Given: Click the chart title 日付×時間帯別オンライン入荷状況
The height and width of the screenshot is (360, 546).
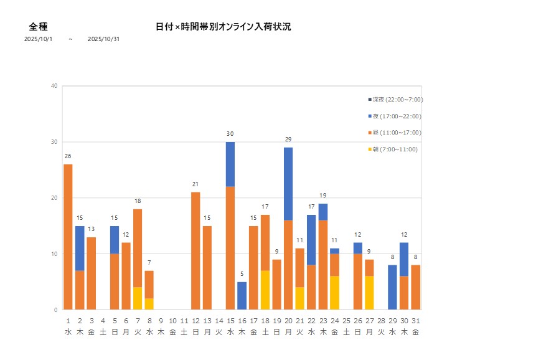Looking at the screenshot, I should coord(223,27).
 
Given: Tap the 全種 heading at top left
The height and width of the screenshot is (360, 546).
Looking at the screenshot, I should coord(39,27).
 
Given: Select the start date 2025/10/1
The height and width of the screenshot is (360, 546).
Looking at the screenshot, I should coord(39,39).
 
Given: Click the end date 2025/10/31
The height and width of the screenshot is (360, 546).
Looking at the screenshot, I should coord(103,39).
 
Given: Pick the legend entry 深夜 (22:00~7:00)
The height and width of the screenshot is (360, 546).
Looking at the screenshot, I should coord(396,100).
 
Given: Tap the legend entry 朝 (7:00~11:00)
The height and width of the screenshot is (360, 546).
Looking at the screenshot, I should coord(393,149).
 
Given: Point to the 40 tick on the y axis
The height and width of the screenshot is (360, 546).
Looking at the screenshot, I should coord(55,86).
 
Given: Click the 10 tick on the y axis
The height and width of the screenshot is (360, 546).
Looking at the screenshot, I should coord(55,254).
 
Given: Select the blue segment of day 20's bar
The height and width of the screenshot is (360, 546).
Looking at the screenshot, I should coord(288,184).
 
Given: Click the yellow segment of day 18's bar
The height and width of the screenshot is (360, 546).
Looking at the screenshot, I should coord(265,290).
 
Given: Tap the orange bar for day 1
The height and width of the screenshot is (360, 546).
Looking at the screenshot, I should coord(68,237).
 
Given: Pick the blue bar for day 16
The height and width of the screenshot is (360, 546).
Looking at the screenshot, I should coord(242,296).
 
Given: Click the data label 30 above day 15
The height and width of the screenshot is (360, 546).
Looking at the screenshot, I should coord(230,134).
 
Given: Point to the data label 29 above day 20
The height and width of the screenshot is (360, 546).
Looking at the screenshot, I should coord(288,140).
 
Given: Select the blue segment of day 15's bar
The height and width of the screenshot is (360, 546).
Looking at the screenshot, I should coord(230,164).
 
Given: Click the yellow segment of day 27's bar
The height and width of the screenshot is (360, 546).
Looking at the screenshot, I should coord(369,293).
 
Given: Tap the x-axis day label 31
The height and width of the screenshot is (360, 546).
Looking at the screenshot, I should coord(415,321).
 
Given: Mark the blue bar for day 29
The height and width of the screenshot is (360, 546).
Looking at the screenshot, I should coord(392,287).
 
